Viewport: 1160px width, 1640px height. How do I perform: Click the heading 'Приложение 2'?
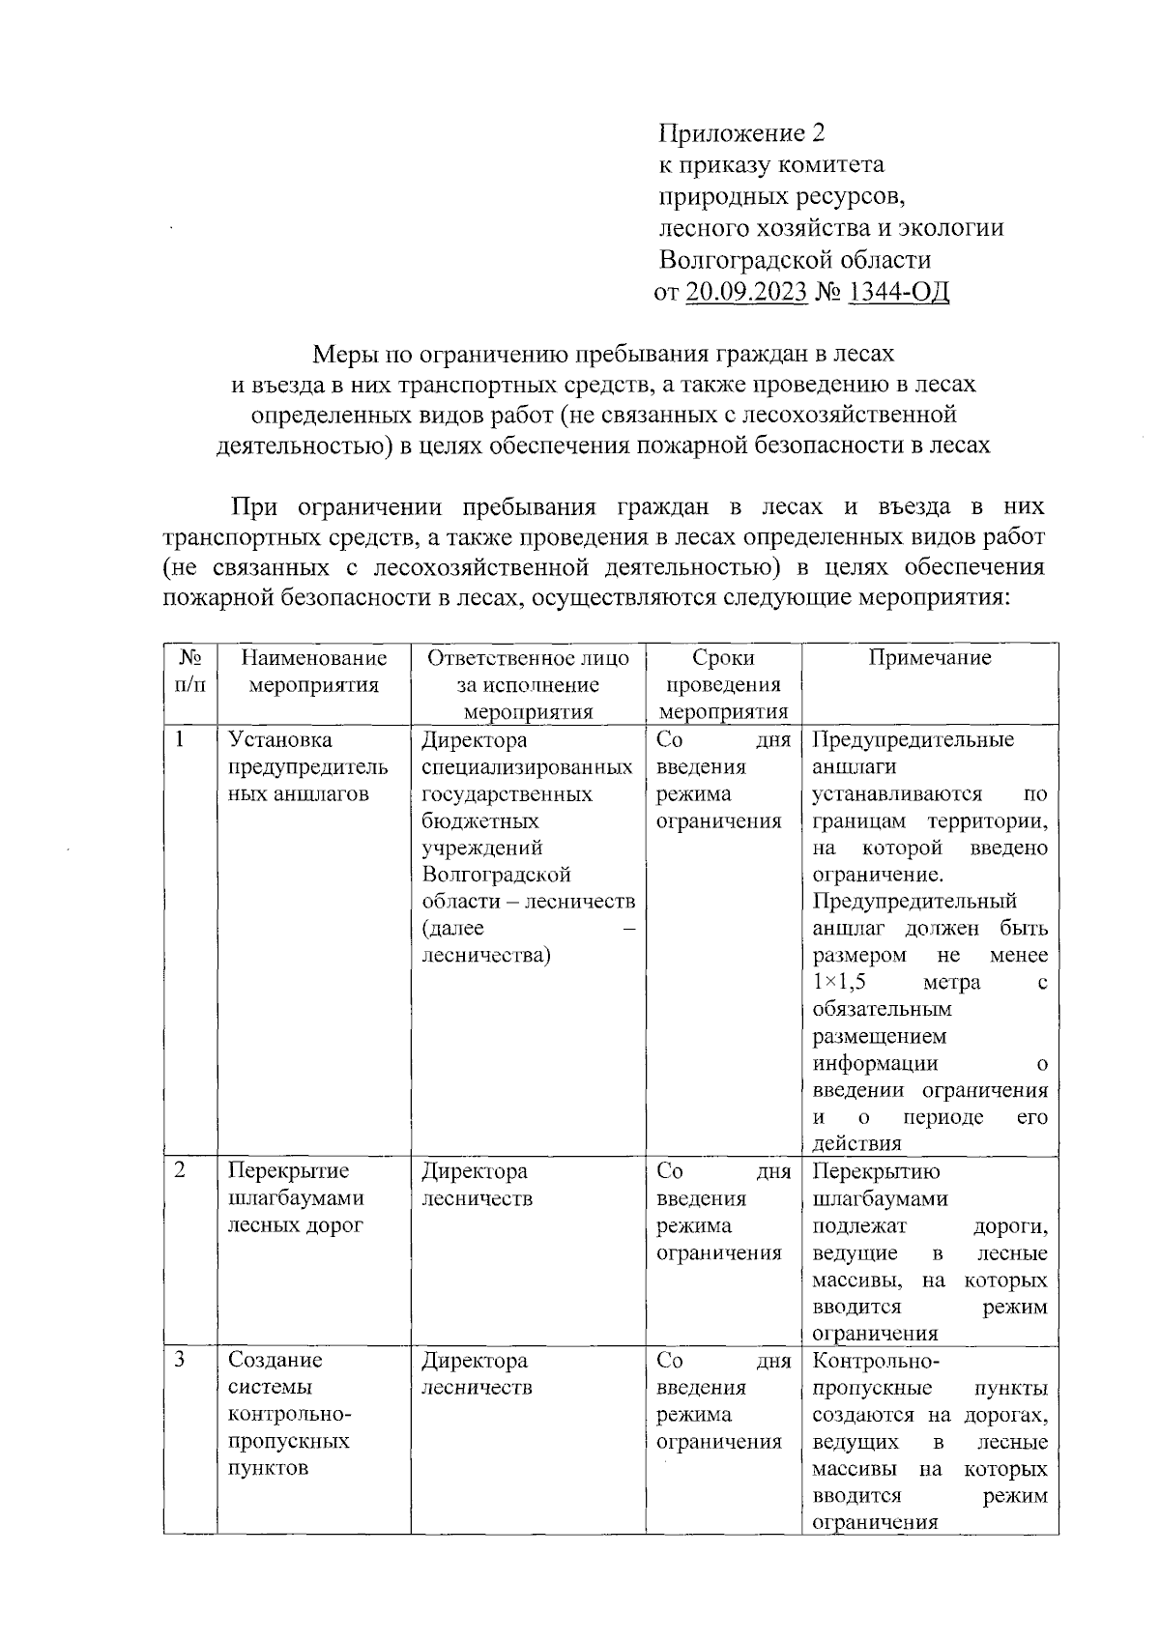(741, 133)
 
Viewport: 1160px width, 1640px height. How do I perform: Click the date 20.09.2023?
(745, 292)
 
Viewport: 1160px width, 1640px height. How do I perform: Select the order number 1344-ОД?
(898, 292)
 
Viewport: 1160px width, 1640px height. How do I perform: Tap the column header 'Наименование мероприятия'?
(314, 672)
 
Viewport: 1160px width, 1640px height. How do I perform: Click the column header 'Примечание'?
(929, 658)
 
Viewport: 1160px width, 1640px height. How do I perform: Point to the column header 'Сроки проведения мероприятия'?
(723, 684)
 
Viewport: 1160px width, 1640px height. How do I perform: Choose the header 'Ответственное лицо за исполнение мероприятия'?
(528, 684)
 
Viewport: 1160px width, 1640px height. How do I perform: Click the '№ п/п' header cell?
(190, 672)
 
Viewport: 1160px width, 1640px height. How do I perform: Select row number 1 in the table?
(180, 740)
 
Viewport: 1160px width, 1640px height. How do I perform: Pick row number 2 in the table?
(180, 1171)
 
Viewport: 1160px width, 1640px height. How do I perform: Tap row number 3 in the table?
(180, 1361)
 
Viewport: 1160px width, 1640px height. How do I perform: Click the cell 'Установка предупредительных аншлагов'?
(307, 767)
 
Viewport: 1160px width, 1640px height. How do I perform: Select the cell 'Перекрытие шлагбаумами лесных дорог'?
(296, 1198)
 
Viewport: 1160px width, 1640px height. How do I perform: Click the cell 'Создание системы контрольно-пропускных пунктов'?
(289, 1414)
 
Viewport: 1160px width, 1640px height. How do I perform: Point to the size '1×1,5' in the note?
(838, 982)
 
